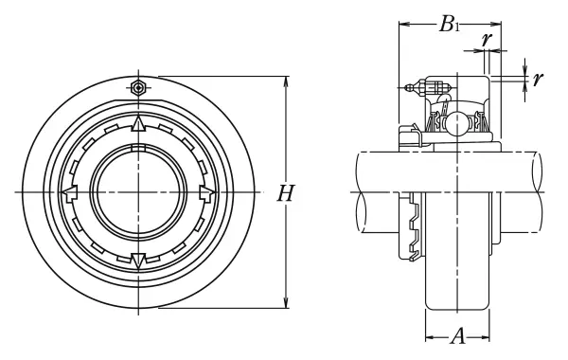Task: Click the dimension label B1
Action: pyautogui.click(x=449, y=25)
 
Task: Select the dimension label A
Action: pyautogui.click(x=458, y=336)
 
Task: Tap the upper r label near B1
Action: pyautogui.click(x=487, y=39)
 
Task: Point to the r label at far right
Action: pyautogui.click(x=538, y=78)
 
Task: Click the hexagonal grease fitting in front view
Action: pyautogui.click(x=138, y=87)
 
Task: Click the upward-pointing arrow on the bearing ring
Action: pyautogui.click(x=138, y=123)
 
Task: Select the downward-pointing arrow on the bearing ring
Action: pyautogui.click(x=138, y=261)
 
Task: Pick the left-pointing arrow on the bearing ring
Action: pyautogui.click(x=69, y=192)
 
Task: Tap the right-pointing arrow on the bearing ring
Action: pyautogui.click(x=207, y=192)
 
